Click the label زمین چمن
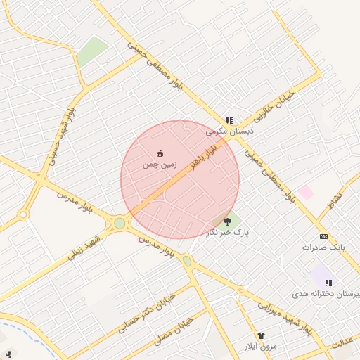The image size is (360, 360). [160, 165]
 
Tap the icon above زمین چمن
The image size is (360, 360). [160, 153]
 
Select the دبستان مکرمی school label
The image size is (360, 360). [229, 131]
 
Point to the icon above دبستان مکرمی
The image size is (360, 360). [229, 120]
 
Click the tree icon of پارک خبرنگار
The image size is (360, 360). [227, 221]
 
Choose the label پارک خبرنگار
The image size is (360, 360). [228, 232]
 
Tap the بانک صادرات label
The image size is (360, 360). [324, 247]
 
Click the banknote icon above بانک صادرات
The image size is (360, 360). [323, 236]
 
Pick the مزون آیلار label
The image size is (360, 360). [262, 347]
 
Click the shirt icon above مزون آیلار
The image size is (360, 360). [262, 336]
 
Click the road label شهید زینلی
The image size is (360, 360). [84, 247]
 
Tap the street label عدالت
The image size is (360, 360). [342, 342]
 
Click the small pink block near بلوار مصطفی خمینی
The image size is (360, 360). [306, 191]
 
